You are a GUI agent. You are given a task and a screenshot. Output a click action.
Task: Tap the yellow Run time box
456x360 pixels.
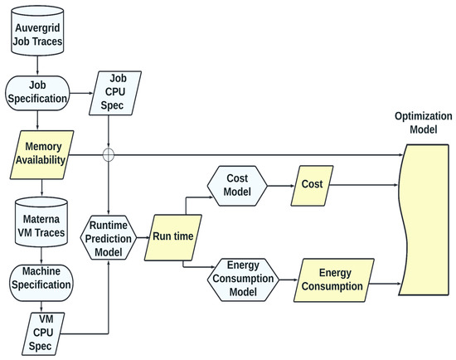pyautogui.click(x=172, y=236)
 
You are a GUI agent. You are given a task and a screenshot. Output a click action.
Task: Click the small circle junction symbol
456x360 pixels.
pyautogui.click(x=109, y=154)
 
